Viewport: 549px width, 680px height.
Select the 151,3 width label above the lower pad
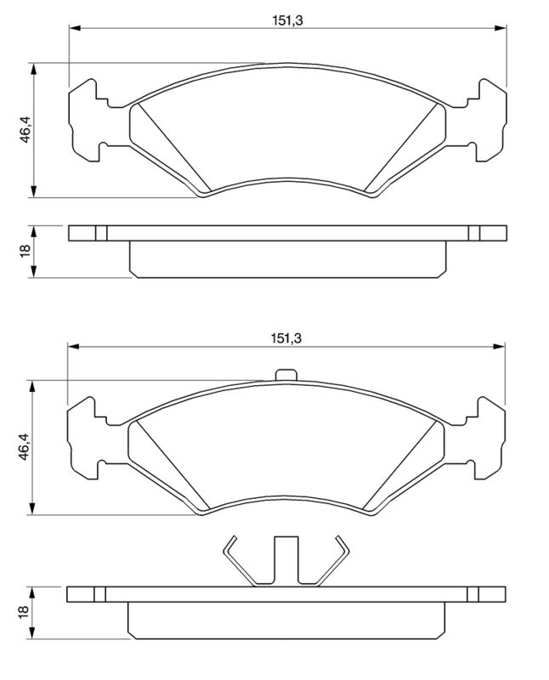pos(286,337)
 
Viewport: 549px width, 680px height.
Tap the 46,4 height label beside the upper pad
pos(26,130)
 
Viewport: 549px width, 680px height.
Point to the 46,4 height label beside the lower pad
pos(26,446)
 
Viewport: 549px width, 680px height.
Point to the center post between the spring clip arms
pos(286,561)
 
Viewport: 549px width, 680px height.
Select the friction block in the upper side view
pos(286,259)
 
